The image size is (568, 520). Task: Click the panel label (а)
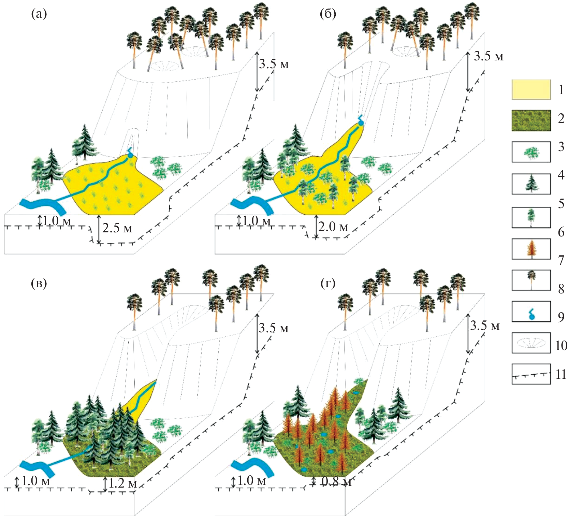coord(39,14)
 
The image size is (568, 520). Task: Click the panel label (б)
coord(328,14)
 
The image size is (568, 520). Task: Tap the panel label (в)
coord(39,283)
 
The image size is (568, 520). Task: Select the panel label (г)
coord(328,283)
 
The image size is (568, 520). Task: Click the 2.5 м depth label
coord(117,228)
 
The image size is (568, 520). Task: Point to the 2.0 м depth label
coord(333,227)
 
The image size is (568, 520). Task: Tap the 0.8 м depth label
coord(336,481)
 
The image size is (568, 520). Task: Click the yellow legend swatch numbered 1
coord(531,90)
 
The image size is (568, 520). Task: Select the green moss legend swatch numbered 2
coord(531,120)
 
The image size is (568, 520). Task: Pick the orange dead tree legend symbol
coord(531,249)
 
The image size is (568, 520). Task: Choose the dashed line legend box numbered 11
coord(531,375)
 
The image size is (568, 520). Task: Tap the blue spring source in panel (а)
coord(130,155)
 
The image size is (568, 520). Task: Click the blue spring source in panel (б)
coord(361,123)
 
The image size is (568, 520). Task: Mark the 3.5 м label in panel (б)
coord(488,56)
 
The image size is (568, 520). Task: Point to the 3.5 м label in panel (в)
coord(273,328)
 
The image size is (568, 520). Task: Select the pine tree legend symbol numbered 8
coord(531,280)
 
